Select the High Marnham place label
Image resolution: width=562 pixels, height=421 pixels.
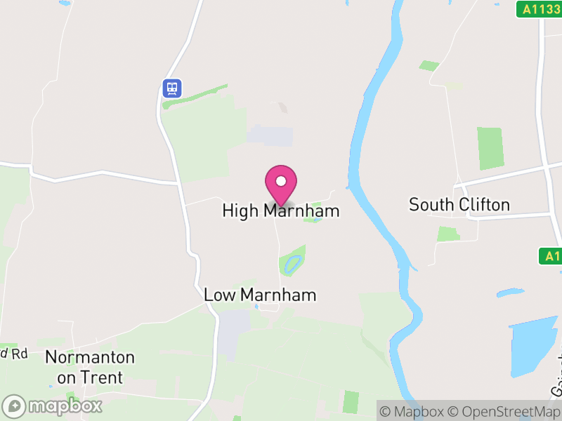tap(281, 210)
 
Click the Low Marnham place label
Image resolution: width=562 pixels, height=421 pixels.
tap(260, 295)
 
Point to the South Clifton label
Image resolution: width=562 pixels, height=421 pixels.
tap(459, 205)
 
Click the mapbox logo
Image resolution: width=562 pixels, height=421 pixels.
tap(53, 406)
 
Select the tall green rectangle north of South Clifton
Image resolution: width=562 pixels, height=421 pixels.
tap(490, 148)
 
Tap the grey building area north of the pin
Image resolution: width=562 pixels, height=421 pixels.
tap(270, 136)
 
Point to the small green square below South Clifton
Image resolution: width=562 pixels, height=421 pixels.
tap(447, 234)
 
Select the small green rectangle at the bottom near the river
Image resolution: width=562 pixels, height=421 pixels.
tap(351, 401)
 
